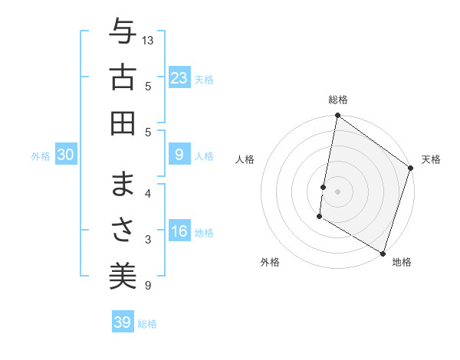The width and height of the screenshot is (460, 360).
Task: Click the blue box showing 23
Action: click(179, 78)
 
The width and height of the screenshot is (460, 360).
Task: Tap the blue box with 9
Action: click(179, 155)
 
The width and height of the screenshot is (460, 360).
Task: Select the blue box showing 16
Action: click(179, 231)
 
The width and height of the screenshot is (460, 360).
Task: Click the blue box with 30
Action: click(65, 155)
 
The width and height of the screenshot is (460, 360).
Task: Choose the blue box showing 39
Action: click(122, 322)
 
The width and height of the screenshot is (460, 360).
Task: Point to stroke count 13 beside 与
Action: click(148, 39)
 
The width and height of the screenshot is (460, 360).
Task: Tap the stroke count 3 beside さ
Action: click(148, 240)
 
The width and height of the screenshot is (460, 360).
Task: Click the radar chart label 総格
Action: click(337, 100)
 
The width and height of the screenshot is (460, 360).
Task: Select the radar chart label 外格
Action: click(269, 263)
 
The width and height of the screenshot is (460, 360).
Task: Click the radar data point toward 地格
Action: click(383, 253)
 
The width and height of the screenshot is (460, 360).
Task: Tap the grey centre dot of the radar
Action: click(337, 190)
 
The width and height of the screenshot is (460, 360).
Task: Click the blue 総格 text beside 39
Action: click(147, 324)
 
